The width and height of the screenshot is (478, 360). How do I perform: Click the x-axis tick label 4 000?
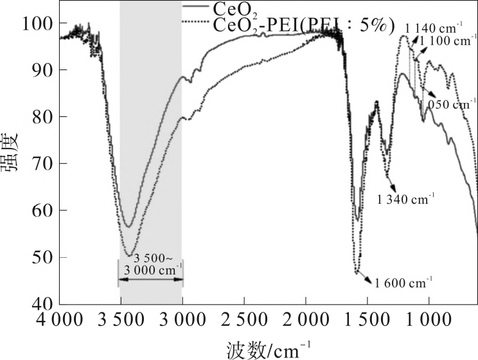pyautogui.click(x=60, y=320)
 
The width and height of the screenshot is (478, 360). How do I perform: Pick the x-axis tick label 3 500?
pyautogui.click(x=121, y=320)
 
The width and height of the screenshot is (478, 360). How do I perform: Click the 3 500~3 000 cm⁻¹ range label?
pyautogui.click(x=150, y=264)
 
